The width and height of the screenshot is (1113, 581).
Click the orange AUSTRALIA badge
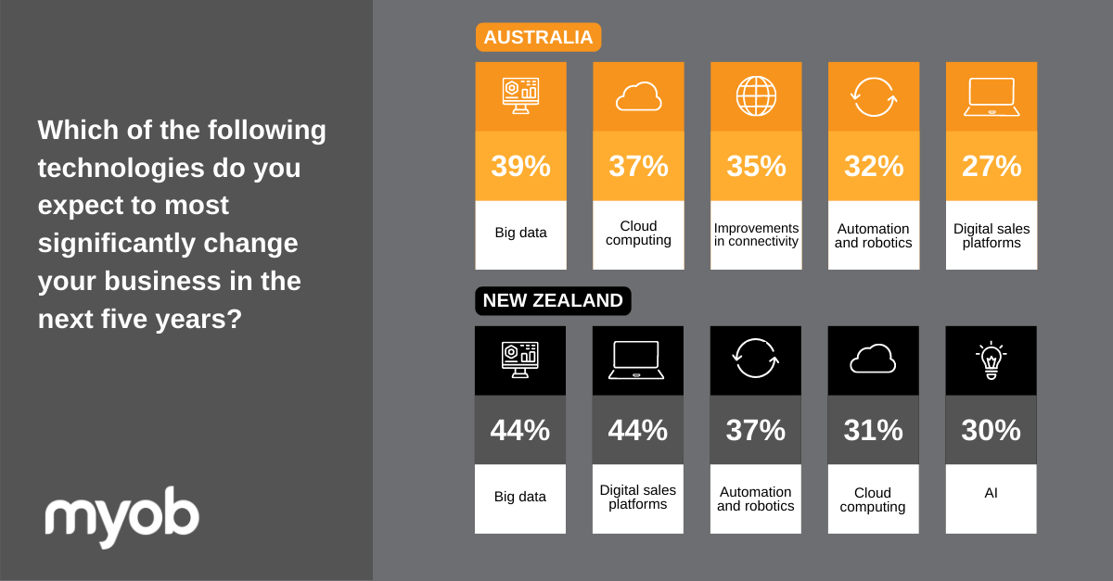click(x=538, y=37)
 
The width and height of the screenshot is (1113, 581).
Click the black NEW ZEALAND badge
click(x=553, y=300)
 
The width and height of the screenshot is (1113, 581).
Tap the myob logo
click(x=122, y=516)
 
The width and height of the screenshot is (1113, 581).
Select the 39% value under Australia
click(x=520, y=166)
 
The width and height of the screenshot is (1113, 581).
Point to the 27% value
click(x=991, y=166)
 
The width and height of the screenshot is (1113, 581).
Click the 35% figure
click(x=756, y=166)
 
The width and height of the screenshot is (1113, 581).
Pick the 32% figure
click(x=874, y=166)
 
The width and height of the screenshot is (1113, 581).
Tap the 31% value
click(x=873, y=430)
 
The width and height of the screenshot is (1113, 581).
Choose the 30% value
click(x=991, y=430)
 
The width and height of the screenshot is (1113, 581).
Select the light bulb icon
click(x=991, y=360)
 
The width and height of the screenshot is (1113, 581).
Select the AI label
click(x=991, y=493)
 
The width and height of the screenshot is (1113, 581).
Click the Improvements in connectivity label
click(x=756, y=234)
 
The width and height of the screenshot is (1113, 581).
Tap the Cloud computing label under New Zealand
click(x=873, y=499)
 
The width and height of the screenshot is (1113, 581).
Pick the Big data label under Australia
click(x=520, y=233)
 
